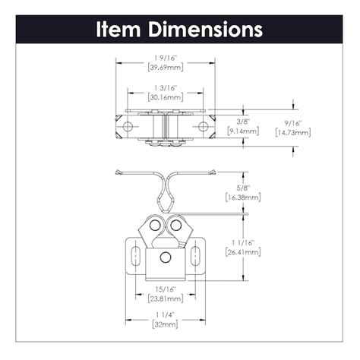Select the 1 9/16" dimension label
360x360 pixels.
coord(164,56)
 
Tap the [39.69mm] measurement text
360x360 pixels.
coord(164,67)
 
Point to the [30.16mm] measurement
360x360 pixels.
coord(164,97)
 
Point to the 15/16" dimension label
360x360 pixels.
coord(164,289)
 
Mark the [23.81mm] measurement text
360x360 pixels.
coord(164,299)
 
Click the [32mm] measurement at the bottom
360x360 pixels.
coord(164,324)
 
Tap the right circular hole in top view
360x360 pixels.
coord(202,124)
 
